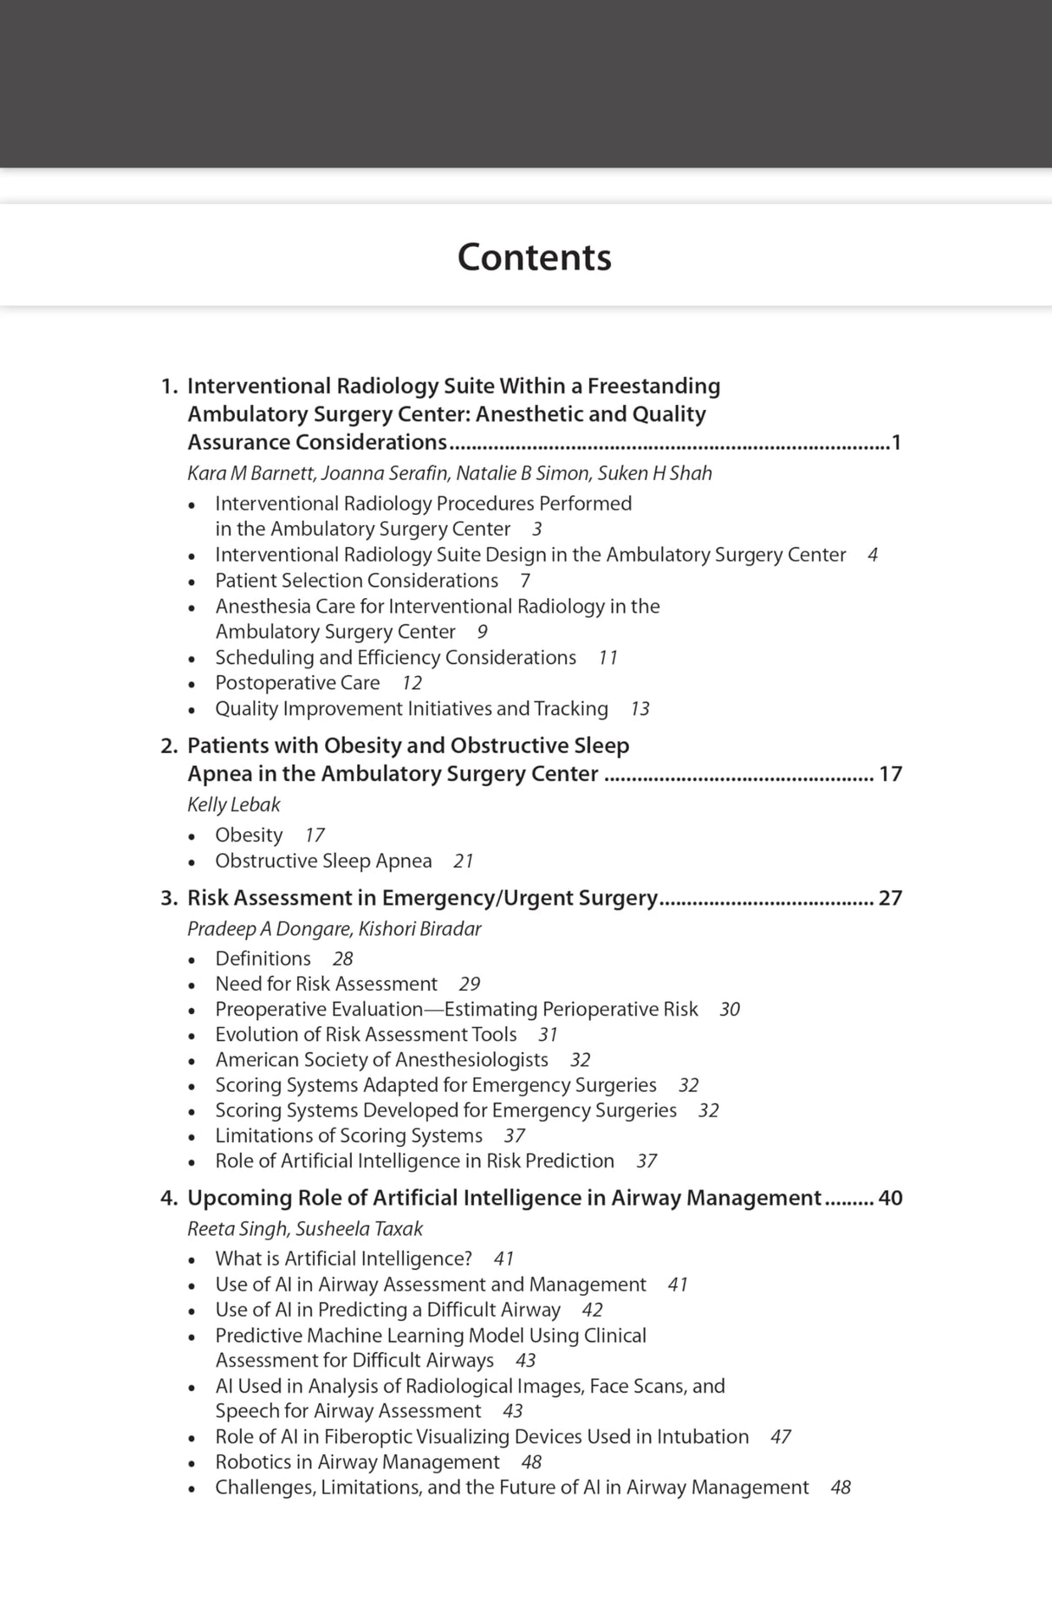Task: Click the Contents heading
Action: point(534,257)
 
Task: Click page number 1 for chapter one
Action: point(896,443)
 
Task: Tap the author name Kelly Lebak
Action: point(233,804)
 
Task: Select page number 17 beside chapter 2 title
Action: point(890,774)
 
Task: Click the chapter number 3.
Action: point(168,898)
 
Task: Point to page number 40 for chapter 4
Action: point(890,1198)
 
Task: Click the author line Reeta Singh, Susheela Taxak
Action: point(305,1228)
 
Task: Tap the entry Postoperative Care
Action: point(297,683)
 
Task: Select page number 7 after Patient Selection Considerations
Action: point(525,581)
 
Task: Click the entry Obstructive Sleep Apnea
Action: point(323,861)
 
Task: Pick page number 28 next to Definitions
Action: point(342,959)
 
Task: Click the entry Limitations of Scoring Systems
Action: point(348,1135)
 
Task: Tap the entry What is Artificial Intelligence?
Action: point(343,1259)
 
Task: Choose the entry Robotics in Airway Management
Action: point(357,1462)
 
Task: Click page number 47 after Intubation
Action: point(780,1437)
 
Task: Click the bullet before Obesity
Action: point(192,836)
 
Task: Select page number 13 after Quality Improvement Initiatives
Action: point(640,709)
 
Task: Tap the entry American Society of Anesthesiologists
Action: point(381,1060)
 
